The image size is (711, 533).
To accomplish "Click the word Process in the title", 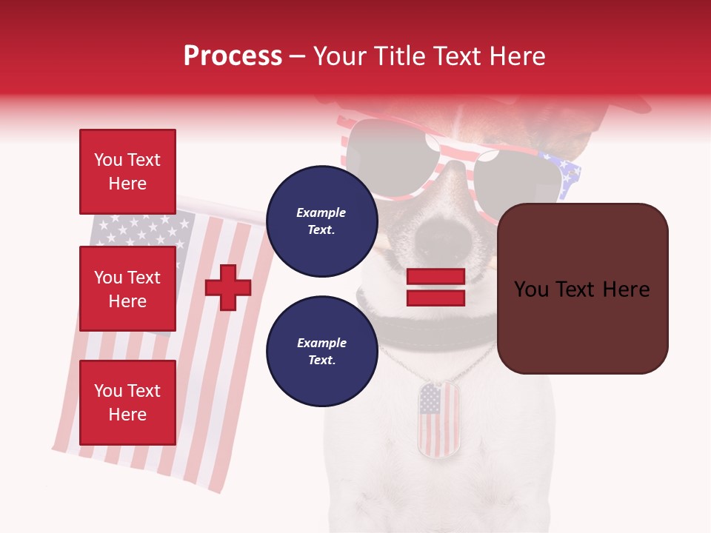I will click(x=233, y=56).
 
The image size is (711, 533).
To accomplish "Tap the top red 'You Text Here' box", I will click(x=127, y=172).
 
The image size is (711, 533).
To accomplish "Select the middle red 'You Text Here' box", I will click(x=127, y=289).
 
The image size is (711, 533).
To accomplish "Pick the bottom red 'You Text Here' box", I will click(x=127, y=402).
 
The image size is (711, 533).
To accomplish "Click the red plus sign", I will click(x=228, y=287).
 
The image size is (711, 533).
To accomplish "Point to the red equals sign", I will click(x=435, y=287).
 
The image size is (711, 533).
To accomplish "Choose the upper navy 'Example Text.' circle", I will click(x=321, y=221).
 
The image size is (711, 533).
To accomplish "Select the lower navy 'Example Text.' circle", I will click(x=321, y=351).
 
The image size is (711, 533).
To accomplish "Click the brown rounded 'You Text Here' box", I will click(x=582, y=289).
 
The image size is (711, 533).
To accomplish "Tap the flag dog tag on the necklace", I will click(x=438, y=419).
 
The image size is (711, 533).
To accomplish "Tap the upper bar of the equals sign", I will click(x=435, y=277).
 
